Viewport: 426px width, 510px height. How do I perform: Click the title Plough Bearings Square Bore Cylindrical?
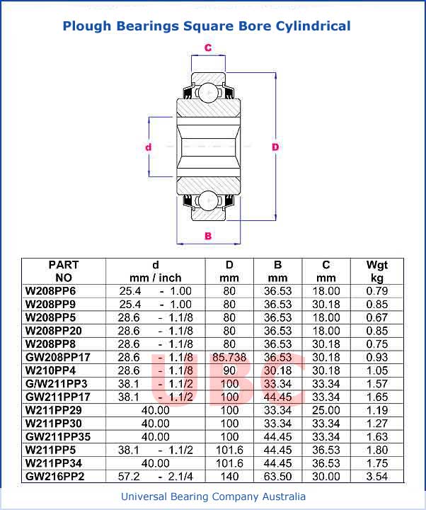click(207, 26)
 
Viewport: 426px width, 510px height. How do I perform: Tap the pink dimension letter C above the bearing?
click(208, 48)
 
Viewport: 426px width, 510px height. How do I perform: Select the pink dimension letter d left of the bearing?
click(149, 147)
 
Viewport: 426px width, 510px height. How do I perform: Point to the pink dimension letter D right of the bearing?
click(275, 147)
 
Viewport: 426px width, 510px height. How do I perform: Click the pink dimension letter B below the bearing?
click(208, 236)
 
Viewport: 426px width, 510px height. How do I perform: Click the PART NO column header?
click(64, 271)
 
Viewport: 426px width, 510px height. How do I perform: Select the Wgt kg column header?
click(376, 271)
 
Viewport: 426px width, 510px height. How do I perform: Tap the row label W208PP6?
click(50, 291)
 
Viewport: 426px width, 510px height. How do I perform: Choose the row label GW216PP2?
click(55, 476)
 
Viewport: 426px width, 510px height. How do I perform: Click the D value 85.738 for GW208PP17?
click(229, 357)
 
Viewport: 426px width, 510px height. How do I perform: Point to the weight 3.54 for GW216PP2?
click(376, 476)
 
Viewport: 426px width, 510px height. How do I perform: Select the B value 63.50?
click(277, 476)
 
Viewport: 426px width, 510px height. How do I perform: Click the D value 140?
click(229, 476)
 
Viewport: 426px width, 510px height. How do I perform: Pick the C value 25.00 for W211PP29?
click(326, 410)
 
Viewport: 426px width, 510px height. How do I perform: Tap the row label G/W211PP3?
click(56, 384)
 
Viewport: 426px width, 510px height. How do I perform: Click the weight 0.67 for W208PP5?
click(376, 317)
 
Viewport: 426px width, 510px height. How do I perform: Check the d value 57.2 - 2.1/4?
click(156, 476)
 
